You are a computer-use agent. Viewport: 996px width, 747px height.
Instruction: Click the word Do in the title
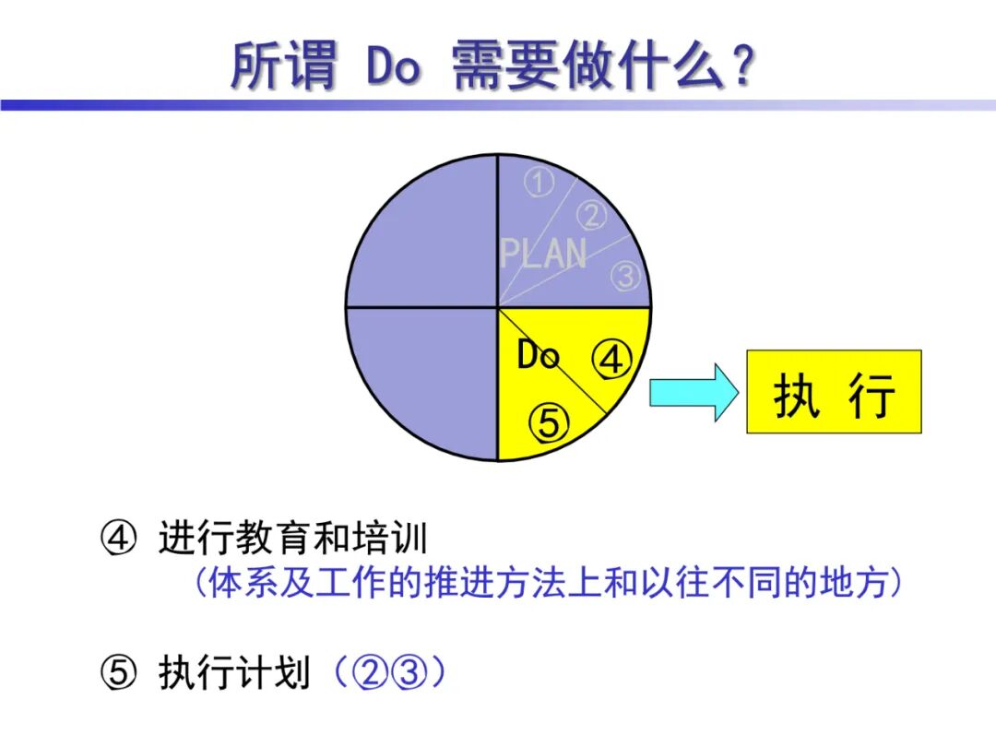pyautogui.click(x=393, y=66)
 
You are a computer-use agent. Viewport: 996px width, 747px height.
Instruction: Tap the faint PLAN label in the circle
pyautogui.click(x=542, y=253)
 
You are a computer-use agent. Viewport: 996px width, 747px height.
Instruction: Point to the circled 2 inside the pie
pyautogui.click(x=592, y=216)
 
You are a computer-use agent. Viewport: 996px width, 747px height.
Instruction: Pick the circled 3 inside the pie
pyautogui.click(x=625, y=275)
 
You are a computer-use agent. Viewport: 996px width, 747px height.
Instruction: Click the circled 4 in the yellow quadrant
pyautogui.click(x=611, y=361)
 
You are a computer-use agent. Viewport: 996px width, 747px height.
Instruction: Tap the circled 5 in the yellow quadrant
pyautogui.click(x=549, y=422)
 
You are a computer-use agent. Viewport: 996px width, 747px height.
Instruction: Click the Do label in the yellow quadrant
pyautogui.click(x=538, y=354)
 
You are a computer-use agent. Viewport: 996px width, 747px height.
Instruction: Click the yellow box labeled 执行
pyautogui.click(x=834, y=392)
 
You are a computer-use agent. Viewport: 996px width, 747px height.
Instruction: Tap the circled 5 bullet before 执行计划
pyautogui.click(x=118, y=674)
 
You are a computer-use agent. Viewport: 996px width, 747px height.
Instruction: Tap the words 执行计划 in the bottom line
pyautogui.click(x=234, y=674)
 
